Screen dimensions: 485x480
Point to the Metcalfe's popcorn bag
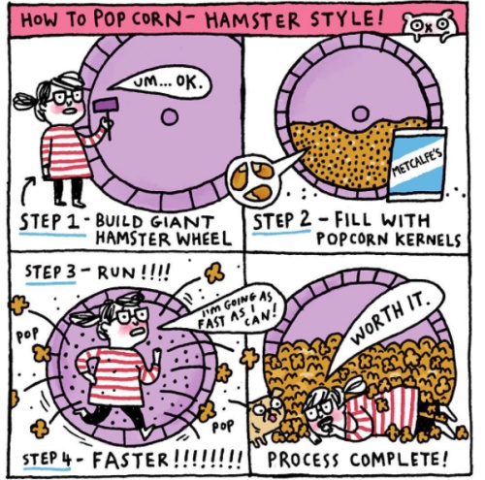coord(417,164)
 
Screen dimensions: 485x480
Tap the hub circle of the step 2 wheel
coord(361,113)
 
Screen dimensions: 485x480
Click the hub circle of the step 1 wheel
coord(170,116)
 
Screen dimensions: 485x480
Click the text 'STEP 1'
coord(49,221)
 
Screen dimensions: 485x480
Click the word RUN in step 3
coord(114,273)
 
